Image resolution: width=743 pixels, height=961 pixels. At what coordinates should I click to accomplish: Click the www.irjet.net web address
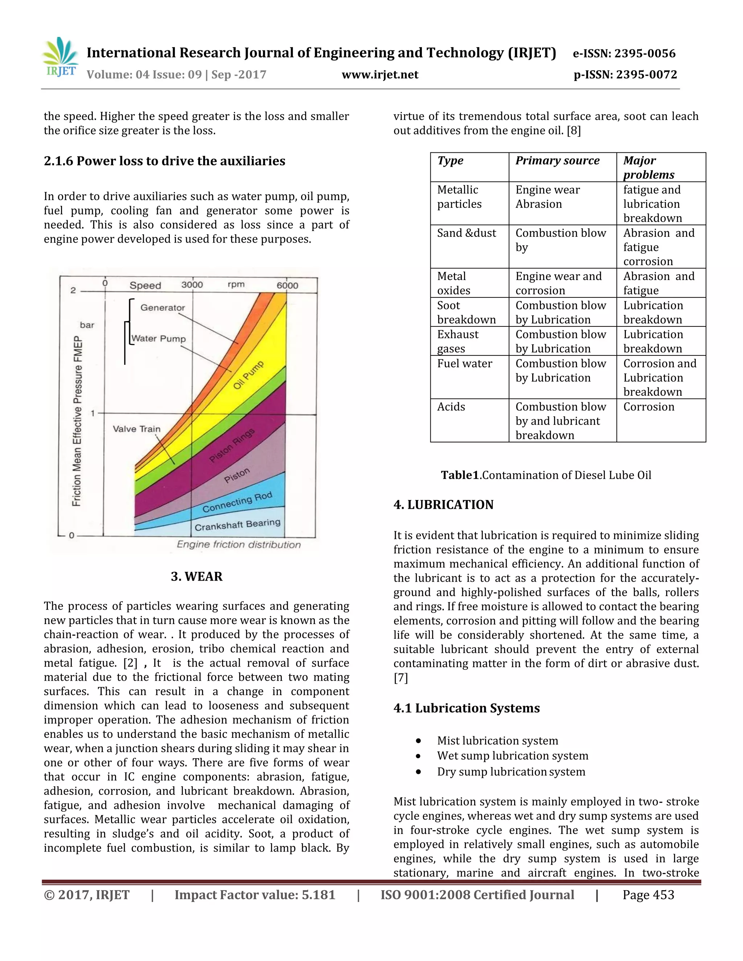coord(380,75)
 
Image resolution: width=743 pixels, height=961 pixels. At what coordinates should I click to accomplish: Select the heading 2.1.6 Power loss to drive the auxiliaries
coord(164,161)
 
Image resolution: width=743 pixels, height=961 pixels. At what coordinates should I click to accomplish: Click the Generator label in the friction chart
coord(163,308)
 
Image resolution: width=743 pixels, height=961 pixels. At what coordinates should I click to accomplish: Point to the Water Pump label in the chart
coord(159,338)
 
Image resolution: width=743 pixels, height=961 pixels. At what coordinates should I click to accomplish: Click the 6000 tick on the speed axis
coord(287,285)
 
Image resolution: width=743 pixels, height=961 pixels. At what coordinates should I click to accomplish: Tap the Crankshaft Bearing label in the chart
coord(237,524)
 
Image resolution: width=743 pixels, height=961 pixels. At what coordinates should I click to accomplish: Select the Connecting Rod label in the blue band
coord(237,502)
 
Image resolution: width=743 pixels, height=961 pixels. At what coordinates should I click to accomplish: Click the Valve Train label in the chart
coord(136,429)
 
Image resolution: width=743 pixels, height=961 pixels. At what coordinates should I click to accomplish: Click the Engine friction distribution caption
coord(239,544)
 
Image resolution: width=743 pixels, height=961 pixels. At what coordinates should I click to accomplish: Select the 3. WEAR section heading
coord(196,577)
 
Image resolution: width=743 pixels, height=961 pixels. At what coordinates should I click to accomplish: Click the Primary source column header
coord(557,161)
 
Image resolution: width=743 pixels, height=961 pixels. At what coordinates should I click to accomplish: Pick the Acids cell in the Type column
coord(451,407)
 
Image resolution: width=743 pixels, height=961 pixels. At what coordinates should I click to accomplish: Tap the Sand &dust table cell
coord(466,233)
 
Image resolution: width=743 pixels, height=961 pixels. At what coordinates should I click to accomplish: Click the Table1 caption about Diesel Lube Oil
coord(546,475)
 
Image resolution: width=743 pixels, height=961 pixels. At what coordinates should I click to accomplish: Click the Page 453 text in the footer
coord(648,895)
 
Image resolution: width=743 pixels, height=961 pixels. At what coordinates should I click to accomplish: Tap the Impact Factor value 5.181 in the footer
coord(255,895)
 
